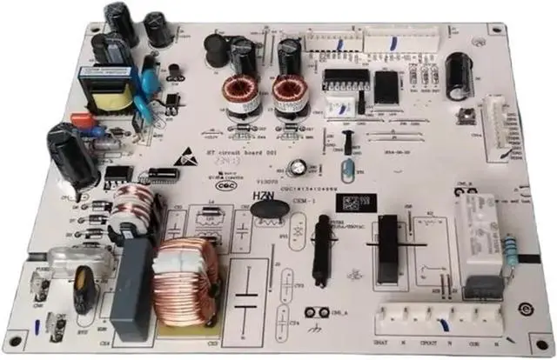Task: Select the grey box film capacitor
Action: coord(131,286)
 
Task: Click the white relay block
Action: coord(483,235)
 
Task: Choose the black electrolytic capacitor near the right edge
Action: coord(456,75)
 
